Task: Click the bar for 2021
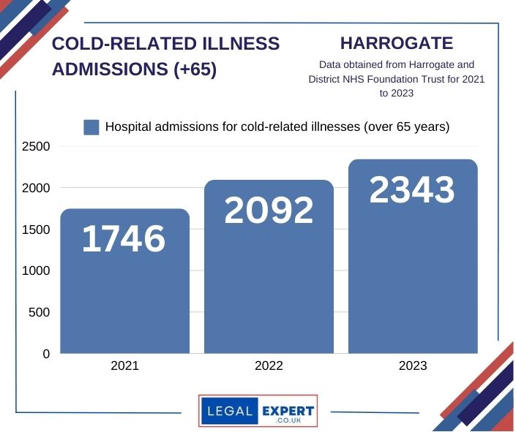[x=124, y=292]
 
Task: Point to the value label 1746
[x=124, y=239]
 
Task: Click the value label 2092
[x=269, y=210]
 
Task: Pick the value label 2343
[x=412, y=190]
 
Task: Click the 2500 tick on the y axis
[x=35, y=147]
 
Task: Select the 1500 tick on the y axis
[x=35, y=230]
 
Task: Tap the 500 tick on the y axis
[x=39, y=313]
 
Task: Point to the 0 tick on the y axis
[x=46, y=355]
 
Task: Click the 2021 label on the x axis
[x=124, y=366]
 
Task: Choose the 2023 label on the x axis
[x=413, y=366]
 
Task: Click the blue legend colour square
[x=91, y=127]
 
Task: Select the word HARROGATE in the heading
[x=397, y=43]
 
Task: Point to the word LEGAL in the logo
[x=230, y=412]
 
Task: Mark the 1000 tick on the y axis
[x=35, y=271]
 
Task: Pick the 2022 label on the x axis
[x=269, y=366]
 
